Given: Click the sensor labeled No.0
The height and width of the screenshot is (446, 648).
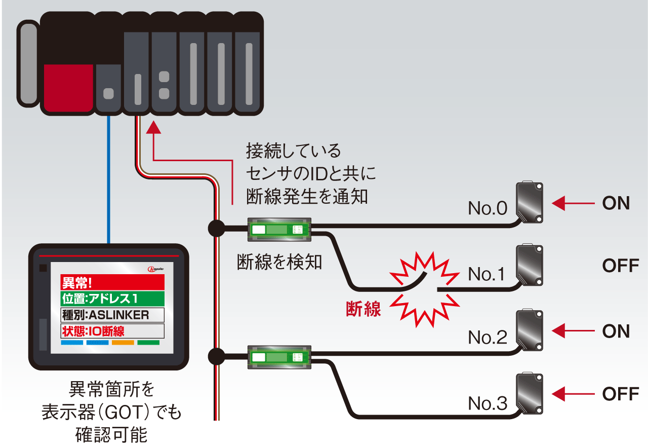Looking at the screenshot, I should coord(529,202).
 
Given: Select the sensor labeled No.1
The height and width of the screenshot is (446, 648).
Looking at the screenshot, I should coord(529,266).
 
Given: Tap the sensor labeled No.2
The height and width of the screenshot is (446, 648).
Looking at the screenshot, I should coord(529,330).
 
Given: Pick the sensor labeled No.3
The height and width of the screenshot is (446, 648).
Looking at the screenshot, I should coord(529,394).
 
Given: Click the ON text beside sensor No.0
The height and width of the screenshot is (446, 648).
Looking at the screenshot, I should coord(616,204).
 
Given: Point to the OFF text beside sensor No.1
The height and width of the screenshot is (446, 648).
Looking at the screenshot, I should coord(620,266).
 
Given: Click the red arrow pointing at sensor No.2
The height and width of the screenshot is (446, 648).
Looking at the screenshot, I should coord(573,331).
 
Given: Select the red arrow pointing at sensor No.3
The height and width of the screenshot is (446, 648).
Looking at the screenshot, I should coord(573,394).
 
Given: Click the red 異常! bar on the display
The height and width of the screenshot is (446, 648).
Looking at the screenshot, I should coord(112,282).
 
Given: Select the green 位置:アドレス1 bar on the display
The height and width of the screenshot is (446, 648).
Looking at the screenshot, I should coord(112,299).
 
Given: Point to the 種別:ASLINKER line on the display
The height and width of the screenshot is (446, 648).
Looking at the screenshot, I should coord(112,315).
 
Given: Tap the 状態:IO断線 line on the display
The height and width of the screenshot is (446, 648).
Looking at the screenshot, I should coord(112,331).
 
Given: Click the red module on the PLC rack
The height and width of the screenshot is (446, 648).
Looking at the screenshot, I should coord(68,87).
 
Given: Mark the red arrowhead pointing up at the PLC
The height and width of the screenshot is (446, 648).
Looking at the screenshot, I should coord(153,127).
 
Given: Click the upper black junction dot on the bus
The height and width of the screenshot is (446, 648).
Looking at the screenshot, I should coord(216,229).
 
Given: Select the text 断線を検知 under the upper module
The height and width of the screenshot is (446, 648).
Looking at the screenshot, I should coord(279,262).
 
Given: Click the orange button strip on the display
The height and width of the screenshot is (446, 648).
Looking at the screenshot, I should coord(123,343).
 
